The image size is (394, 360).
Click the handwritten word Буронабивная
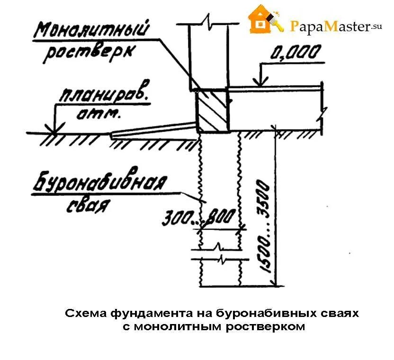(100, 184)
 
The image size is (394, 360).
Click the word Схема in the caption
(86, 313)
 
